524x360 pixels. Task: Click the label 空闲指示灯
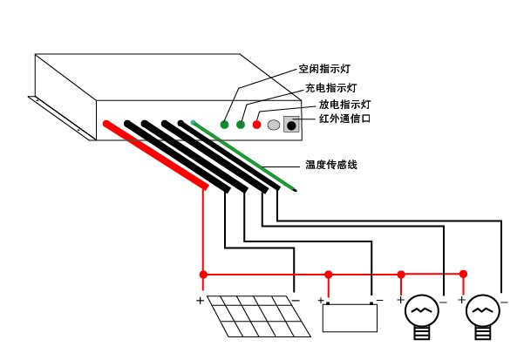[324, 69]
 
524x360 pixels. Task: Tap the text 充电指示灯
[331, 88]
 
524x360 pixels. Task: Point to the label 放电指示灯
[345, 105]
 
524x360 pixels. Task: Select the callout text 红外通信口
[345, 119]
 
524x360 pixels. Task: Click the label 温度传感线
[331, 165]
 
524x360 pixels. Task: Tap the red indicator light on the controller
[256, 125]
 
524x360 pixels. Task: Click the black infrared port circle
[291, 126]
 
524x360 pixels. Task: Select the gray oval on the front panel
[274, 125]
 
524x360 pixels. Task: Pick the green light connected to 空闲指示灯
[224, 125]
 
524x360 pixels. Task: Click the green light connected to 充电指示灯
[241, 125]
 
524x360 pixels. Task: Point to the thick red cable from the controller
[156, 155]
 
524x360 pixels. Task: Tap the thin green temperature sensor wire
[244, 157]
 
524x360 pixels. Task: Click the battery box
[350, 317]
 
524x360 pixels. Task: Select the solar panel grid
[259, 316]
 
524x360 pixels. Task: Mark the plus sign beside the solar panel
[200, 301]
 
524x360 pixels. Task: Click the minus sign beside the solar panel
[296, 301]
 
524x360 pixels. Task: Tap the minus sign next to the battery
[379, 300]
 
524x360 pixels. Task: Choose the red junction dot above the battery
[329, 275]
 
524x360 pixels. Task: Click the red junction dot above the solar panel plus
[203, 275]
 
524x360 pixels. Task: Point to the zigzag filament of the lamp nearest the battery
[421, 310]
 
